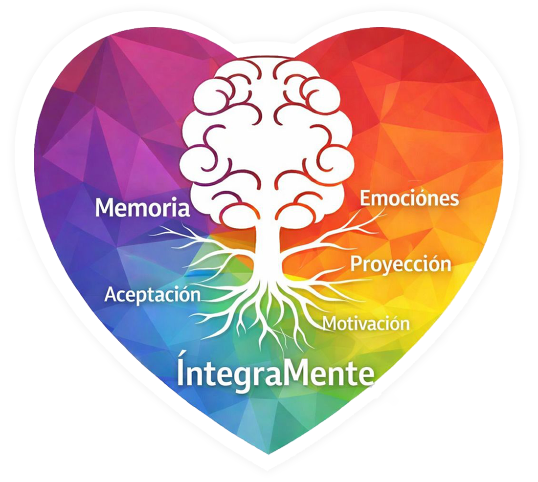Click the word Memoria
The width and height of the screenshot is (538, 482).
(x=142, y=207)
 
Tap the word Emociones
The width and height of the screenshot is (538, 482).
(x=409, y=198)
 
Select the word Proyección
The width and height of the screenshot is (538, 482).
(x=401, y=263)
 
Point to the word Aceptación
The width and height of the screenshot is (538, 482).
(x=153, y=295)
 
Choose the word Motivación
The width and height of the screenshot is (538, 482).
(x=366, y=323)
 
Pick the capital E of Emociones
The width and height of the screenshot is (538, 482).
(x=365, y=198)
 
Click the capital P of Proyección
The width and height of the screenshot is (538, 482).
(x=356, y=263)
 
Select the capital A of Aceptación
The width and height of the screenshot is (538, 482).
(x=112, y=295)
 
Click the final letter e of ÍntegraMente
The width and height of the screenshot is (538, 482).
(x=367, y=375)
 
